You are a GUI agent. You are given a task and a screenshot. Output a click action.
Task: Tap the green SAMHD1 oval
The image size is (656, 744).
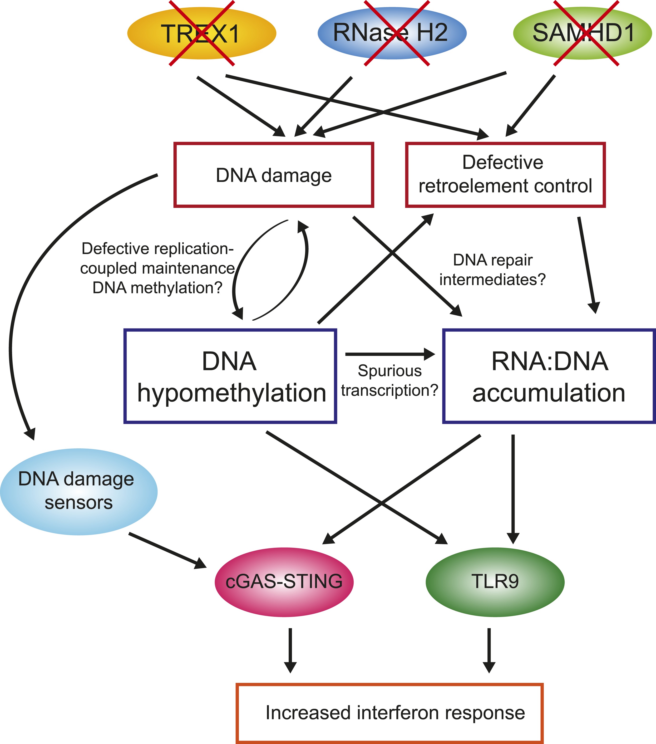[x=582, y=33]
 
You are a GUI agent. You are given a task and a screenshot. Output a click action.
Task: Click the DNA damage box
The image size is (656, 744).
[x=274, y=175]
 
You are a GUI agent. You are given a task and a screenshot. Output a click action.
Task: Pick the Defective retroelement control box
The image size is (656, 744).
[x=505, y=175]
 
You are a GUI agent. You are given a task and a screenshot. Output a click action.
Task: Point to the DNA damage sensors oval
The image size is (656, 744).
[x=78, y=491]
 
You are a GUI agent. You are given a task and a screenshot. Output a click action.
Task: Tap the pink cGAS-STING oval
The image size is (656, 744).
[x=284, y=581]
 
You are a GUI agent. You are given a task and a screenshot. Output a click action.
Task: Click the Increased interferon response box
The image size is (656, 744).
[x=390, y=713]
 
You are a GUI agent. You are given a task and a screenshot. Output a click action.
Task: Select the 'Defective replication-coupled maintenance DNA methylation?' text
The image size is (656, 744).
[x=157, y=268]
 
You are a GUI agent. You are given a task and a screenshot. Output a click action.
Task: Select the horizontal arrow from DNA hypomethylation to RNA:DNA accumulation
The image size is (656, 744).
[x=390, y=354]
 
